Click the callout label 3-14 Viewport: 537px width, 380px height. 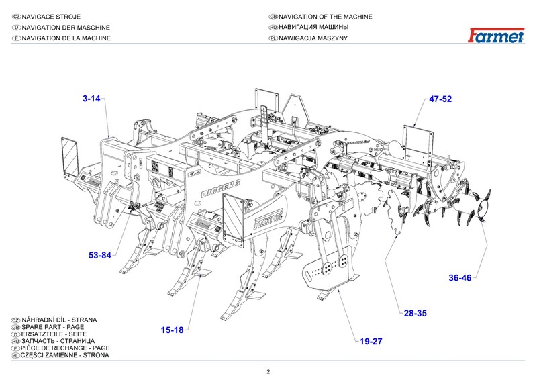click(x=91, y=99)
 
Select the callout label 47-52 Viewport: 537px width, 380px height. click(x=440, y=99)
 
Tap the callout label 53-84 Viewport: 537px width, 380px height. click(x=100, y=255)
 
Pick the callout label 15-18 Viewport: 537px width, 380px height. click(x=172, y=329)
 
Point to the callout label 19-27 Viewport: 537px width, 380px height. click(x=371, y=342)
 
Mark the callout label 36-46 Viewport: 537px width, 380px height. click(x=460, y=277)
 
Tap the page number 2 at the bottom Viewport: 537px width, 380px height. click(x=268, y=372)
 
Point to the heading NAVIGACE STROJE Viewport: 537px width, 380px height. click(x=53, y=17)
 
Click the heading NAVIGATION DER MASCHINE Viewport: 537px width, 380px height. click(x=66, y=28)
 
